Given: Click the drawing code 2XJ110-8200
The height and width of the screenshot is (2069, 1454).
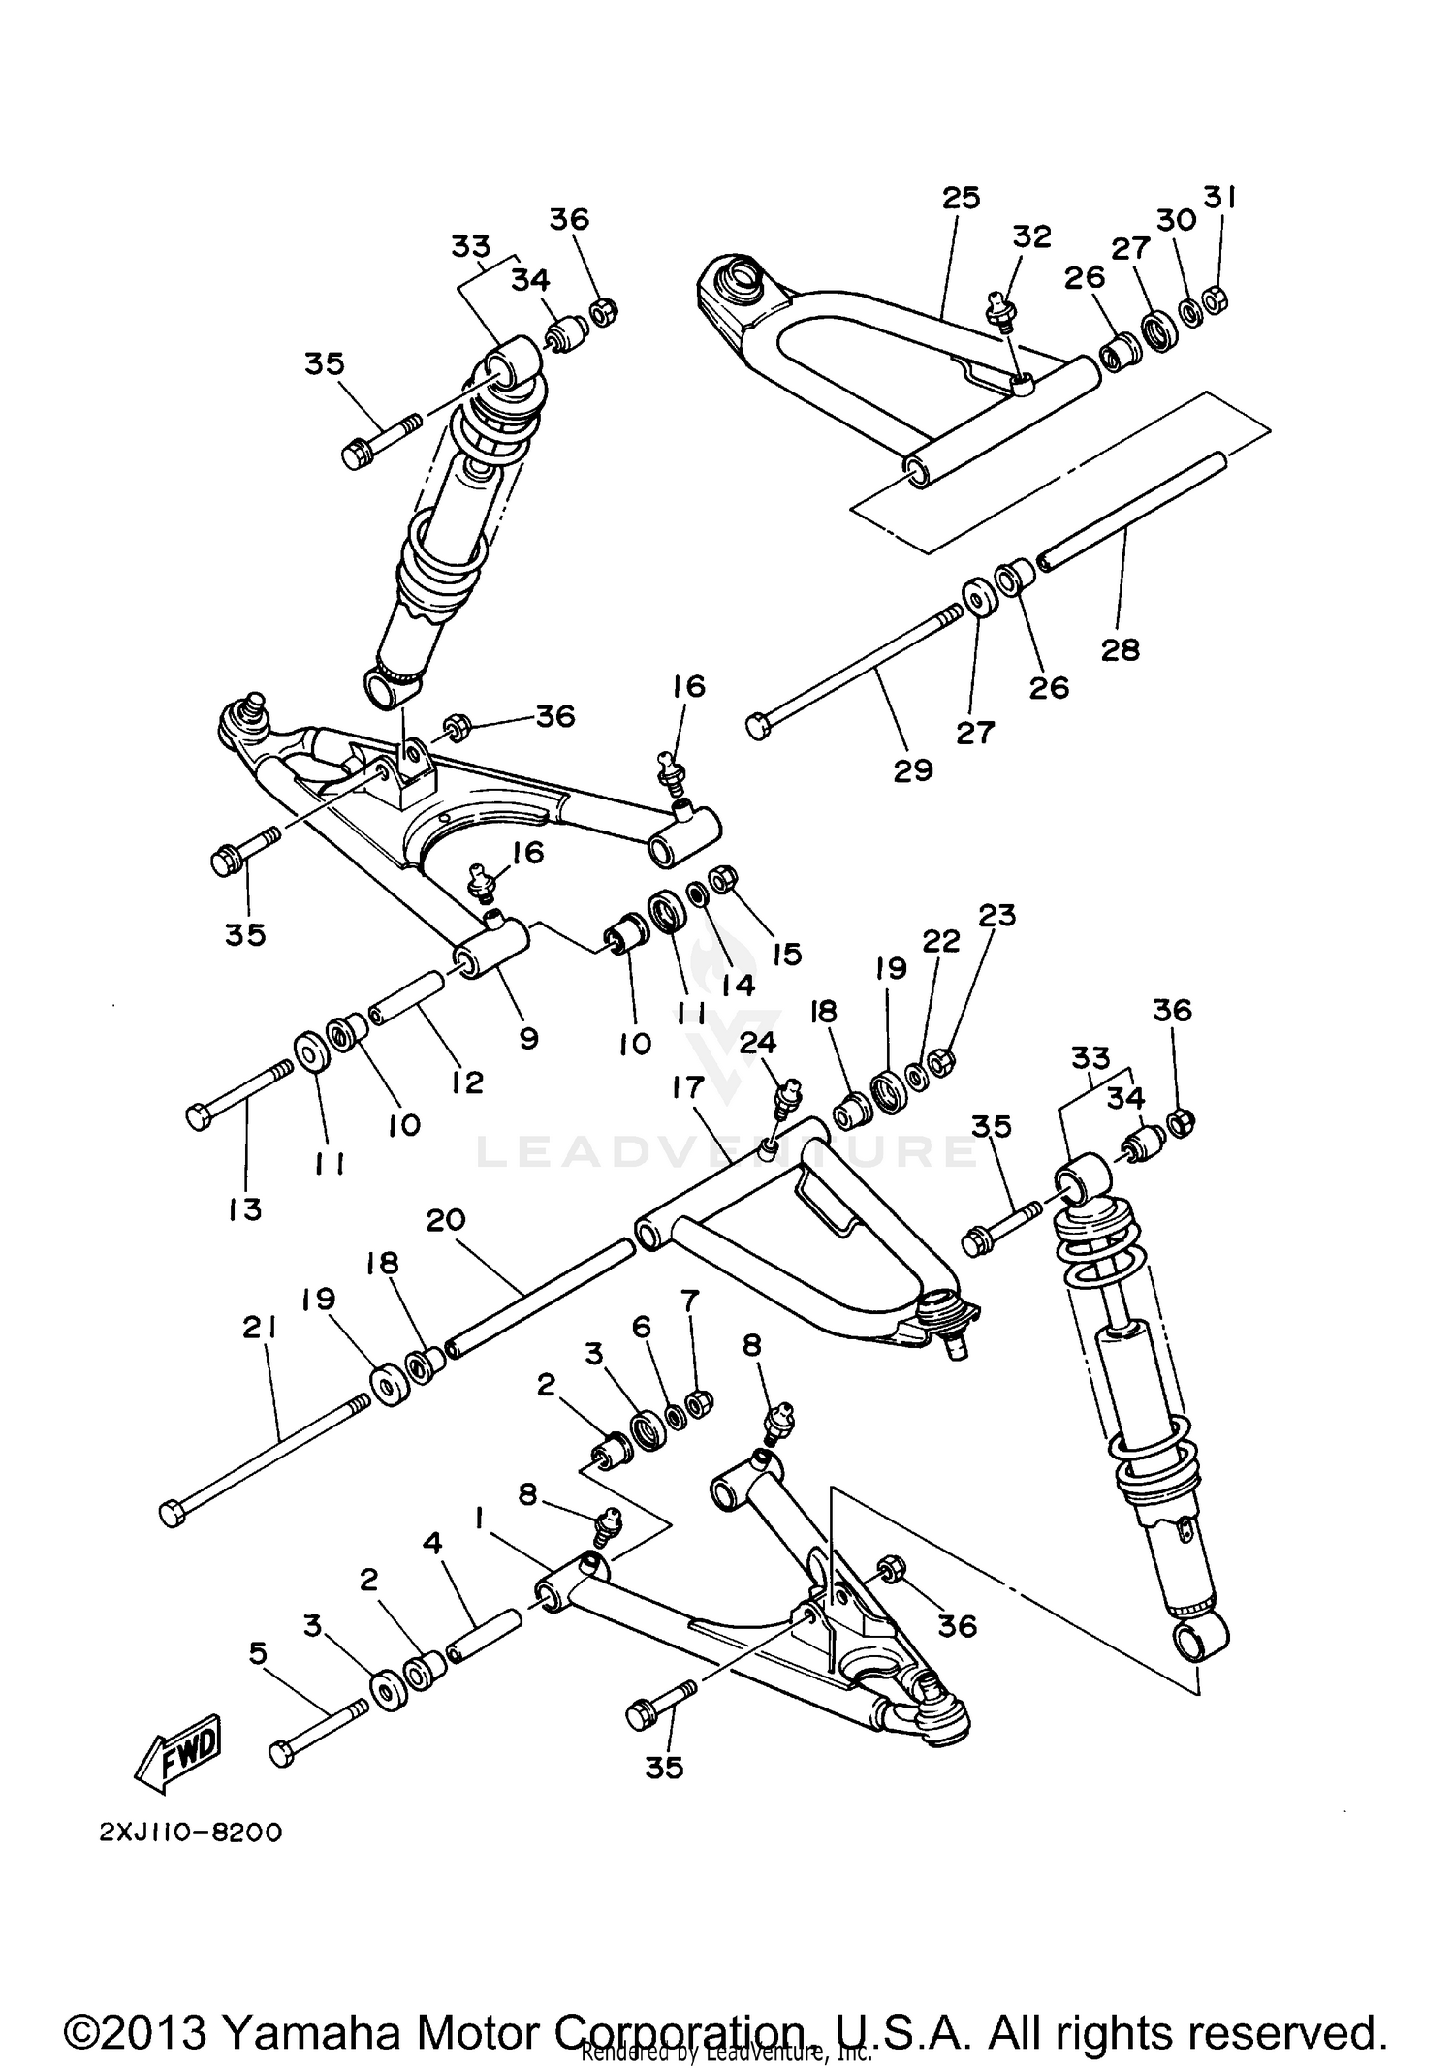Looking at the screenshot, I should [190, 1834].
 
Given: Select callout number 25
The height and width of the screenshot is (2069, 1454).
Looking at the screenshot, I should [961, 198].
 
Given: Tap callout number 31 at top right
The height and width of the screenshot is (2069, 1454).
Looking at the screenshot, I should [1219, 198].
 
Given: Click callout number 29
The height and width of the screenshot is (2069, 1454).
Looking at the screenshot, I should [913, 770].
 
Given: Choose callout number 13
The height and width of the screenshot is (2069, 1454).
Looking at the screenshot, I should [245, 1208].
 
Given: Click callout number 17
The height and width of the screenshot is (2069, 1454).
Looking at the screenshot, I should [686, 1087].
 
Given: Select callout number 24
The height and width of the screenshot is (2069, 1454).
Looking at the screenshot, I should [759, 1042].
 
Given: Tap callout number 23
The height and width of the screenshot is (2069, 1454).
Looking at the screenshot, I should [997, 915].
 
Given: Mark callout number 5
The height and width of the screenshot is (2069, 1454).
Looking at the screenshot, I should [258, 1653].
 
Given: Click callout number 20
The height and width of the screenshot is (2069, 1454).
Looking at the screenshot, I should [446, 1220].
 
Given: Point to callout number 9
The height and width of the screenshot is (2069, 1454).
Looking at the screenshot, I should [528, 1038].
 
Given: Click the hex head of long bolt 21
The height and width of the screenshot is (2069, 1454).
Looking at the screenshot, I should [172, 1514].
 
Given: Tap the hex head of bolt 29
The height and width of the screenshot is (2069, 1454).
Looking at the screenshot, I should [758, 725].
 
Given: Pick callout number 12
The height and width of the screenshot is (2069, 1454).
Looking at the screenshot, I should [467, 1082].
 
